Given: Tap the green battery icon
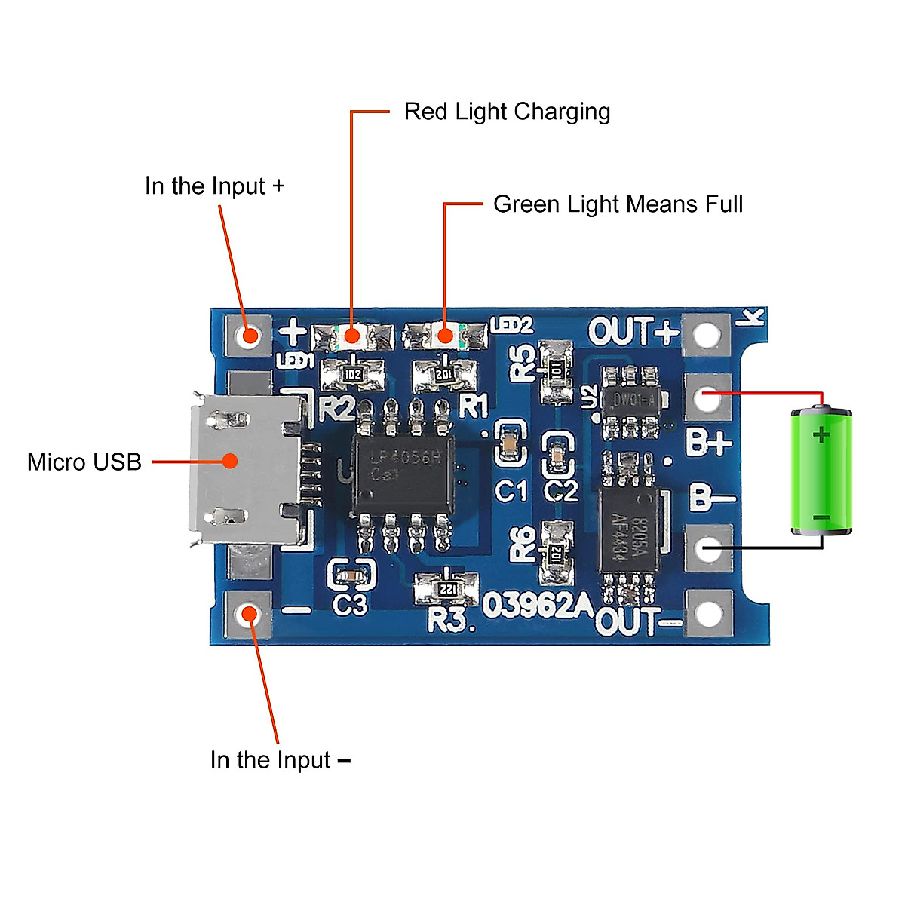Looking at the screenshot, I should click(x=821, y=471).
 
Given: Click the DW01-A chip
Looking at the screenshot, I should click(x=632, y=400).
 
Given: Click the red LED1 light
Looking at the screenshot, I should click(x=351, y=336).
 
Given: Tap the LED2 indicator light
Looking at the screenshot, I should click(x=445, y=336).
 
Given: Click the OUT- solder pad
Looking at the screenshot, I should click(x=708, y=612).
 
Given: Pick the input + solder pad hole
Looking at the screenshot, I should click(x=248, y=334).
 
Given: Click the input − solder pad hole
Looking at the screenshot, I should click(x=248, y=614).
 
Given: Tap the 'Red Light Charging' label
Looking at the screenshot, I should click(x=507, y=112).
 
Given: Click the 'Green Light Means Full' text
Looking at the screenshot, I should click(x=618, y=204).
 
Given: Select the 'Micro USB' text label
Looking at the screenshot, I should click(x=84, y=462).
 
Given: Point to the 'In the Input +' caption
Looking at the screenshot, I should click(x=215, y=186).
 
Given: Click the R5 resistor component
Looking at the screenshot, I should click(x=557, y=370).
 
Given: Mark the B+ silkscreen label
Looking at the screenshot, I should click(x=708, y=443).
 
